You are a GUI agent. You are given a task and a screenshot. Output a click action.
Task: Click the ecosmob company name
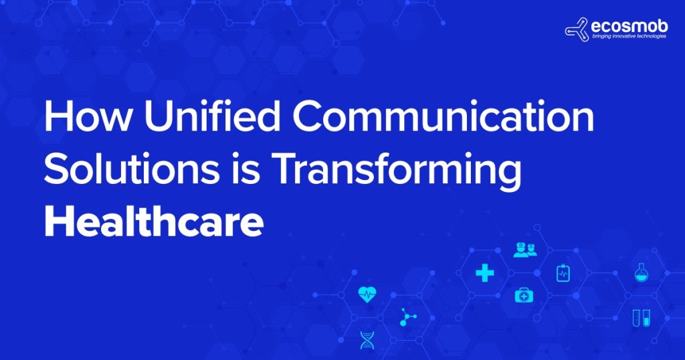pos(626,26)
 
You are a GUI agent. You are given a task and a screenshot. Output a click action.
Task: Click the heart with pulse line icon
pos(367,294)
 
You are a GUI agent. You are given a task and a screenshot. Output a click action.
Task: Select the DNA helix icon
pos(367,340)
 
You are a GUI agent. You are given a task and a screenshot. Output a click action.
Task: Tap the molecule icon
pos(407,317)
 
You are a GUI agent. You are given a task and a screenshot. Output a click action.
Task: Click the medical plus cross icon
pos(484,272)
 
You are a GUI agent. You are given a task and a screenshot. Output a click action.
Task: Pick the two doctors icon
pos(524,250)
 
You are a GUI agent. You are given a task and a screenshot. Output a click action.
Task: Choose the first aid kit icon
pos(522,295)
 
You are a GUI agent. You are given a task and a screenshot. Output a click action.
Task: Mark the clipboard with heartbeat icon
pos(563,273)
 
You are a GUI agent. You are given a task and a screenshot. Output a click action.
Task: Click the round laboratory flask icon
pos(641,272)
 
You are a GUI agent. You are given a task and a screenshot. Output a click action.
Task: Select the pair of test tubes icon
pos(641,319)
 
